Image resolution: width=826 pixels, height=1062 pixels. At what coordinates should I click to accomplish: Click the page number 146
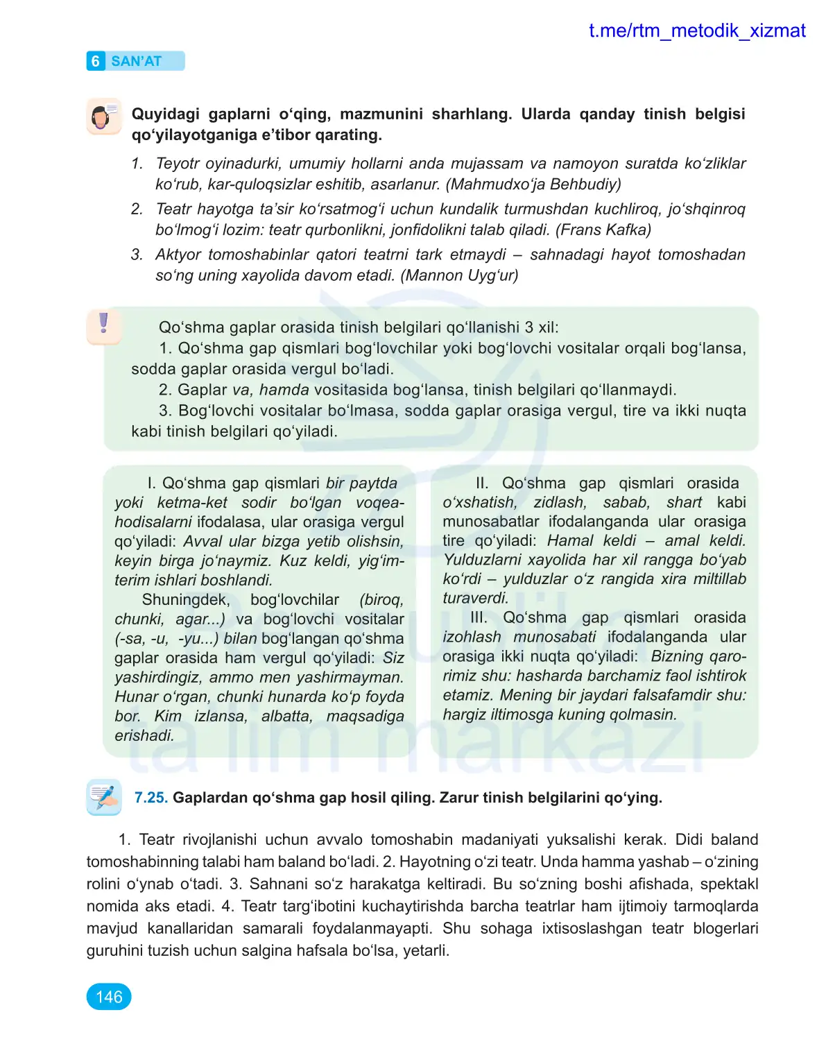[x=109, y=997]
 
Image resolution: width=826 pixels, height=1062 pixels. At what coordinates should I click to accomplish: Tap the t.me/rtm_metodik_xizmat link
[x=696, y=31]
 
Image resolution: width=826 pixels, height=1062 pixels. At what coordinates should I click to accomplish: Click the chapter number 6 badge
[x=96, y=61]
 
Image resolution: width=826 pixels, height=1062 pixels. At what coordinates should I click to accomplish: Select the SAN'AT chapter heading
[x=136, y=61]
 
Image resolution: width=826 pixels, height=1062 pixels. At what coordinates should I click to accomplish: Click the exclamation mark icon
[x=104, y=324]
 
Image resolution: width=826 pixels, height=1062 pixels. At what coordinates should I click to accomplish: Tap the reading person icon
[x=103, y=117]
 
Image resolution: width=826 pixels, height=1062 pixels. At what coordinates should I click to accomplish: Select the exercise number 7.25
[x=150, y=798]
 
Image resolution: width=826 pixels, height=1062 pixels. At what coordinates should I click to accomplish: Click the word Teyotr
[x=182, y=164]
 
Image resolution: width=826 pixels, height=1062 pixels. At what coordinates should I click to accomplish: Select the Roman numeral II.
[x=482, y=483]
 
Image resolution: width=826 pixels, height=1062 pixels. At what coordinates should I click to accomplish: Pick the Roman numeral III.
[x=479, y=617]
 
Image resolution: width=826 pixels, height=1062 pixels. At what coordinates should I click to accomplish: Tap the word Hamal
[x=571, y=540]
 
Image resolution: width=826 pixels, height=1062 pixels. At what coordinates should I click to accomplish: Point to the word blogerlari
[x=725, y=928]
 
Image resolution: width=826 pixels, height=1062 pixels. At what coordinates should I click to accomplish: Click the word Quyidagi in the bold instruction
[x=165, y=114]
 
